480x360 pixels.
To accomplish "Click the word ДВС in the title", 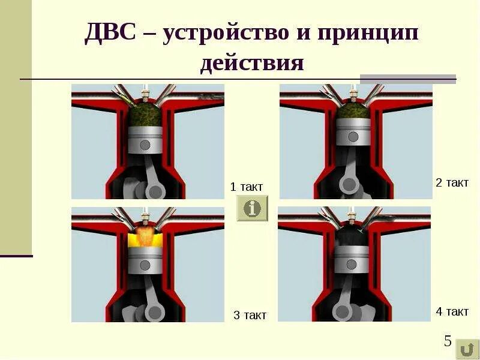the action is (x=110, y=34).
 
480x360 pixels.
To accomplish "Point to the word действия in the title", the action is (x=252, y=63).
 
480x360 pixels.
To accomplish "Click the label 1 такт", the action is (x=247, y=187).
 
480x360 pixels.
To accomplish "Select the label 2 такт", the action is (x=452, y=183).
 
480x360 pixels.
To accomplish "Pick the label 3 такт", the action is (x=250, y=315).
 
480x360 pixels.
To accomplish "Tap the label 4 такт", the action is (x=452, y=311).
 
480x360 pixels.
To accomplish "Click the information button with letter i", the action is (x=253, y=208).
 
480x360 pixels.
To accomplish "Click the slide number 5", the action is (x=448, y=341).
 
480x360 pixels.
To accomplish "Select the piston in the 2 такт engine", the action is (x=353, y=134).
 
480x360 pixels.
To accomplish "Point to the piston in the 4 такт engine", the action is (x=351, y=259).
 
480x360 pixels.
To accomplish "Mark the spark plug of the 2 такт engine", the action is (x=353, y=92).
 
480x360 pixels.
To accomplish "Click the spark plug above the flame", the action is (x=145, y=215).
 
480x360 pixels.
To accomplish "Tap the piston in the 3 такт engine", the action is (x=146, y=261).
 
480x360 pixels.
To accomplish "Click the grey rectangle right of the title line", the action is (x=408, y=79).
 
